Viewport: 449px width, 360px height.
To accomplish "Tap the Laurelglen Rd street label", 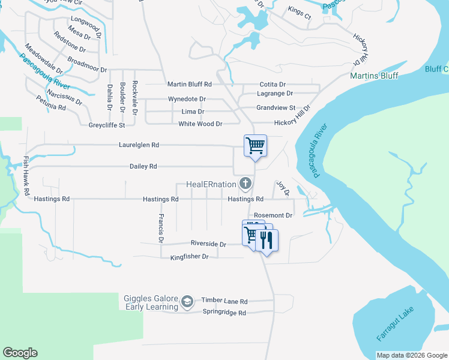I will [x=139, y=145].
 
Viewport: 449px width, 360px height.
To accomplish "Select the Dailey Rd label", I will [x=143, y=166].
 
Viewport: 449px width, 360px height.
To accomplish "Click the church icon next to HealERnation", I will [x=245, y=183].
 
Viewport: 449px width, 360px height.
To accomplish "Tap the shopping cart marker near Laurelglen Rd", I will [x=255, y=146].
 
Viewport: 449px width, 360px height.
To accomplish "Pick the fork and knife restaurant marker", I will [x=266, y=240].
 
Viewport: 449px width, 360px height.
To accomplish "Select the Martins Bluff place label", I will [x=374, y=76].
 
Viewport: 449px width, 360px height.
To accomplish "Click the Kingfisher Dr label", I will [x=189, y=257].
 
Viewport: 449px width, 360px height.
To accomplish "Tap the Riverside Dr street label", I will [x=208, y=244].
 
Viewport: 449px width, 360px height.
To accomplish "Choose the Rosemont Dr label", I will [x=273, y=215].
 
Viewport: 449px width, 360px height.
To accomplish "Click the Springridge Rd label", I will [x=224, y=313].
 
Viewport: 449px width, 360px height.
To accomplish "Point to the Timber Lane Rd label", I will [x=224, y=301].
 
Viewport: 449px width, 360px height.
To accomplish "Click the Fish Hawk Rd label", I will [x=26, y=176].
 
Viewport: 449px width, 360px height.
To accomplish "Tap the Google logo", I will [x=20, y=353].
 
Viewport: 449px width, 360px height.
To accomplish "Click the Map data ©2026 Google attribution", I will [x=412, y=355].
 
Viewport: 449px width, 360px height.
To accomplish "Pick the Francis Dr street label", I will [x=161, y=228].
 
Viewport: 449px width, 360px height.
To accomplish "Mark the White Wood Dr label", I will [x=200, y=124].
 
